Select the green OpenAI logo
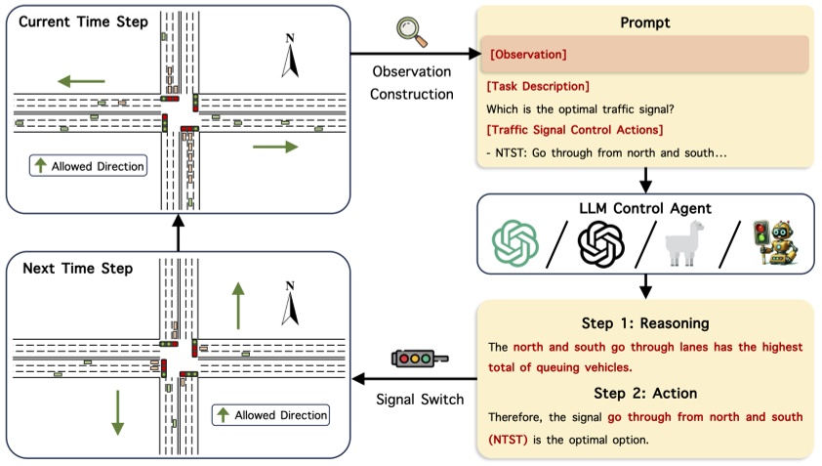[514, 243]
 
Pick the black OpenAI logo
[599, 243]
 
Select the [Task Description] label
[537, 86]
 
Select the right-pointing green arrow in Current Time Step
[274, 148]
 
